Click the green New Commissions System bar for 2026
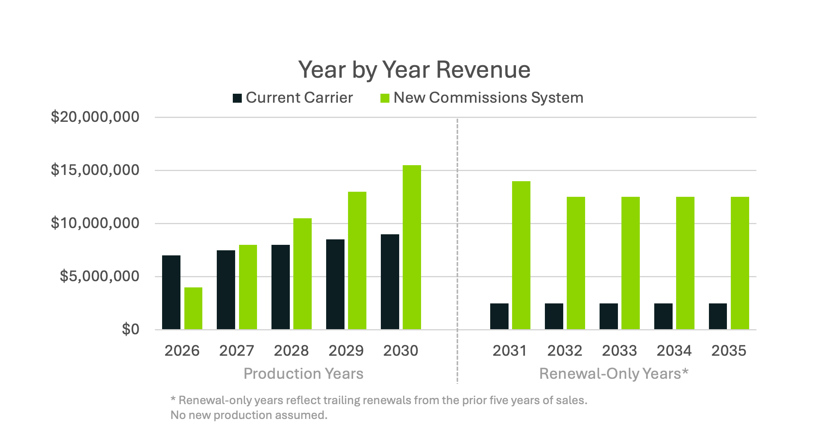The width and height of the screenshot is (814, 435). tap(193, 308)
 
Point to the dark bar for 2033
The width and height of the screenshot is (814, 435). tap(609, 316)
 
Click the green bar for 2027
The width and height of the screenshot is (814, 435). tap(248, 287)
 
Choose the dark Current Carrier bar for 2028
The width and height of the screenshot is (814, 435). tap(280, 287)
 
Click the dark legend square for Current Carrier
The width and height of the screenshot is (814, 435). tap(237, 98)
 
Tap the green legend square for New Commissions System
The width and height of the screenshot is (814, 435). tap(385, 98)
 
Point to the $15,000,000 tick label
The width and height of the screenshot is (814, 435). tap(95, 170)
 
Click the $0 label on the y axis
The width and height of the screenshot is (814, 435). tap(130, 329)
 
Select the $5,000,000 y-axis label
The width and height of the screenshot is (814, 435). tap(99, 276)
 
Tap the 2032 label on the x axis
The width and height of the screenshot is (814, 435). tap(564, 350)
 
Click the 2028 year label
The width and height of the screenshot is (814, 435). tap(291, 350)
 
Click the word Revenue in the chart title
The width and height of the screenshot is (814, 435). tap(483, 70)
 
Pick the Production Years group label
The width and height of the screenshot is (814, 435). tap(303, 374)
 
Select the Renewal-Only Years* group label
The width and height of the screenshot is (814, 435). tap(614, 374)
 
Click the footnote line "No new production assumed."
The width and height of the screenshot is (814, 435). tap(249, 415)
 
